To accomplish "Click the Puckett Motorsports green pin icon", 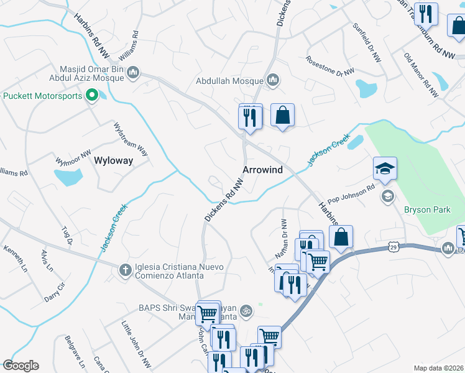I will (x=92, y=96).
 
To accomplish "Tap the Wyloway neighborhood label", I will (x=113, y=160).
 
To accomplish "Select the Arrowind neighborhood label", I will (x=262, y=170).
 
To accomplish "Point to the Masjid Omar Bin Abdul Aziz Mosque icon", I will (x=132, y=74).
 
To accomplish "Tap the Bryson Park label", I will (x=426, y=210).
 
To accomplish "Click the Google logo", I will (x=21, y=366).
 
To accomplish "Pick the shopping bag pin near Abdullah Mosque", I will (x=282, y=116).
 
